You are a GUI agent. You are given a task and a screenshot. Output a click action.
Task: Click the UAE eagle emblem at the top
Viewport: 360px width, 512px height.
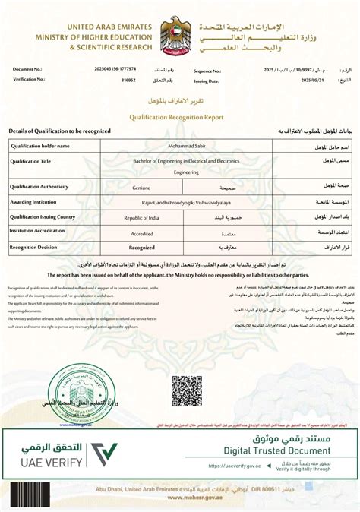click(x=180, y=36)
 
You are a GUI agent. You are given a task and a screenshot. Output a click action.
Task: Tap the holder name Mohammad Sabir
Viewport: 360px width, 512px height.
click(x=180, y=145)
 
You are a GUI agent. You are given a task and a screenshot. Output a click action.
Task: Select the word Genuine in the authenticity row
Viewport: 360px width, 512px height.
click(x=141, y=187)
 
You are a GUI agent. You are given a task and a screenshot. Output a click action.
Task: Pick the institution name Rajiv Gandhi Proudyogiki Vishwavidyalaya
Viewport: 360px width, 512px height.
click(x=180, y=202)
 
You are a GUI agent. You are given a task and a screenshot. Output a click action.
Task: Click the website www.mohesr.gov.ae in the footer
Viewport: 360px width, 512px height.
click(x=180, y=498)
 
